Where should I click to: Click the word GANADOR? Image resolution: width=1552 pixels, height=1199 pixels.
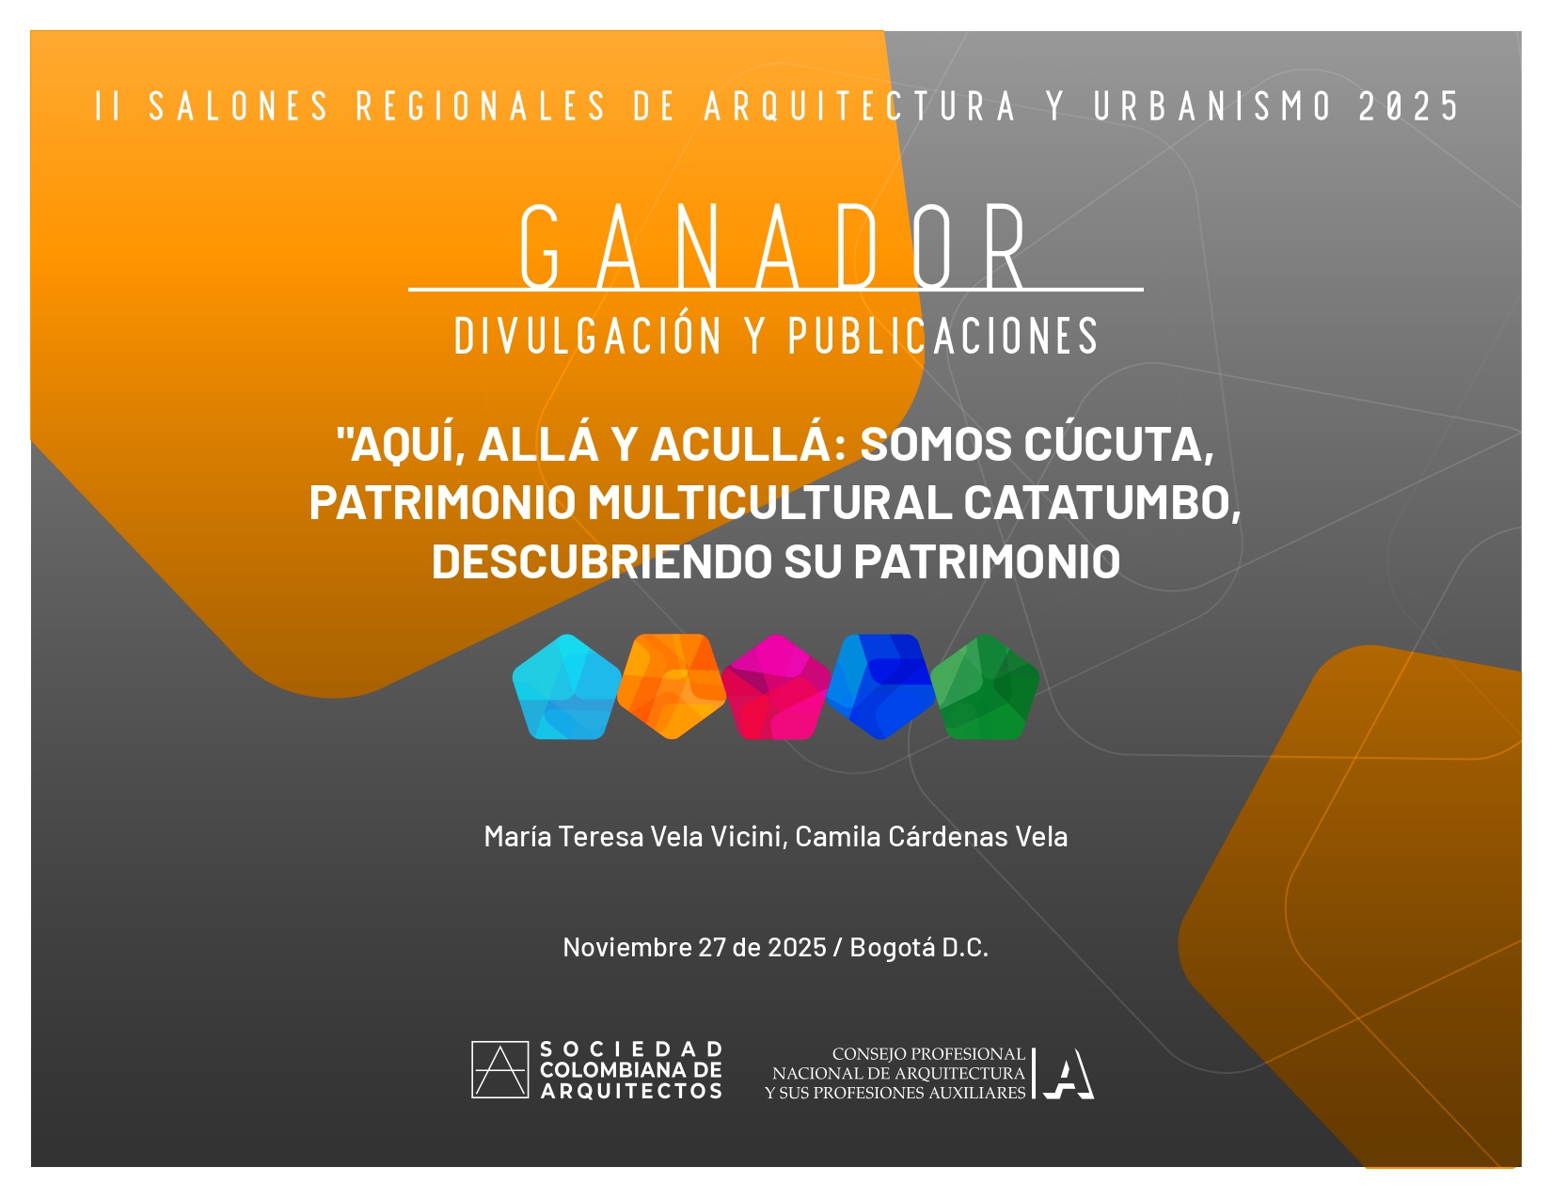point(775,248)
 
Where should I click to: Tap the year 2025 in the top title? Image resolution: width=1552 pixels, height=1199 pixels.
point(1408,107)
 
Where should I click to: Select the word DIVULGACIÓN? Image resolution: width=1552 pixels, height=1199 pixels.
point(588,337)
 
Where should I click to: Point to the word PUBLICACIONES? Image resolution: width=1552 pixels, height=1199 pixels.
point(943,337)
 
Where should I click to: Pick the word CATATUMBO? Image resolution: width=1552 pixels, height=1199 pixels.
point(1097,503)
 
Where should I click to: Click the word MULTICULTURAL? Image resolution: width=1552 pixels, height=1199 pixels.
point(768,503)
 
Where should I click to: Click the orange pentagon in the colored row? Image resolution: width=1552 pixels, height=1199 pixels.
point(671,686)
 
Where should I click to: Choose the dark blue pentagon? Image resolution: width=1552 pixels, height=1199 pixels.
point(880,686)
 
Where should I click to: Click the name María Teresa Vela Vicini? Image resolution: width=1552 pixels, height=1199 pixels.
point(634,836)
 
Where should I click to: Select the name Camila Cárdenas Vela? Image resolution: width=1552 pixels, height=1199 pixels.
point(931,836)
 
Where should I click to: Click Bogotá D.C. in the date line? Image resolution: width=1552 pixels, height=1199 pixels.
point(918,947)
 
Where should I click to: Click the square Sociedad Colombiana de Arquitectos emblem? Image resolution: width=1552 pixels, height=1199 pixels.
point(499,1070)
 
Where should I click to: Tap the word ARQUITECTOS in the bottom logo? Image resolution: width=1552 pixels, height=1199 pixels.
point(631,1092)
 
